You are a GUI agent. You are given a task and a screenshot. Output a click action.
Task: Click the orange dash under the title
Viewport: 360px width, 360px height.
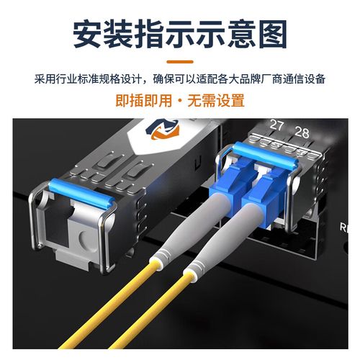(x=180, y=62)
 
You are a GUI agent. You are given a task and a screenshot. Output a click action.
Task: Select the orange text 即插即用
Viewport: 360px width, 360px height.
(x=144, y=100)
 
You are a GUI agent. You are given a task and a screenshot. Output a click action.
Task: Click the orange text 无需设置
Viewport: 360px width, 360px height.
(x=216, y=100)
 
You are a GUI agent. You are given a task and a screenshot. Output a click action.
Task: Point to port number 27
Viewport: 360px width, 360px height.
(x=276, y=125)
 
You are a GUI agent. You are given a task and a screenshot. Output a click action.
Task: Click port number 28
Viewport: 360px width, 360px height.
(x=302, y=132)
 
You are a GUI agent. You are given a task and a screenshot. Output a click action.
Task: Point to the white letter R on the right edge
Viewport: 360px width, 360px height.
(x=343, y=227)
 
